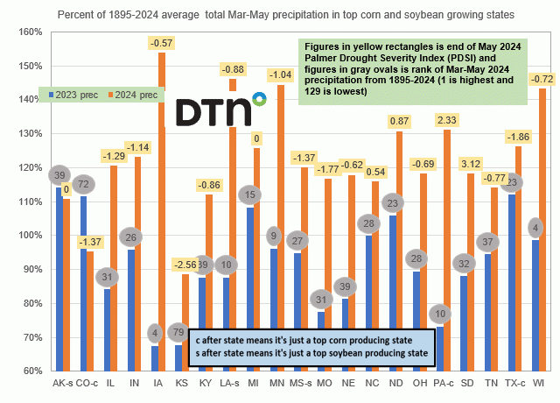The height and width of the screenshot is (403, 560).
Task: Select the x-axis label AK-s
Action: [x=63, y=383]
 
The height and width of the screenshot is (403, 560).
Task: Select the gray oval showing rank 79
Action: [x=178, y=332]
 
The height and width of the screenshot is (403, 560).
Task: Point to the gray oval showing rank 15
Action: [x=250, y=194]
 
